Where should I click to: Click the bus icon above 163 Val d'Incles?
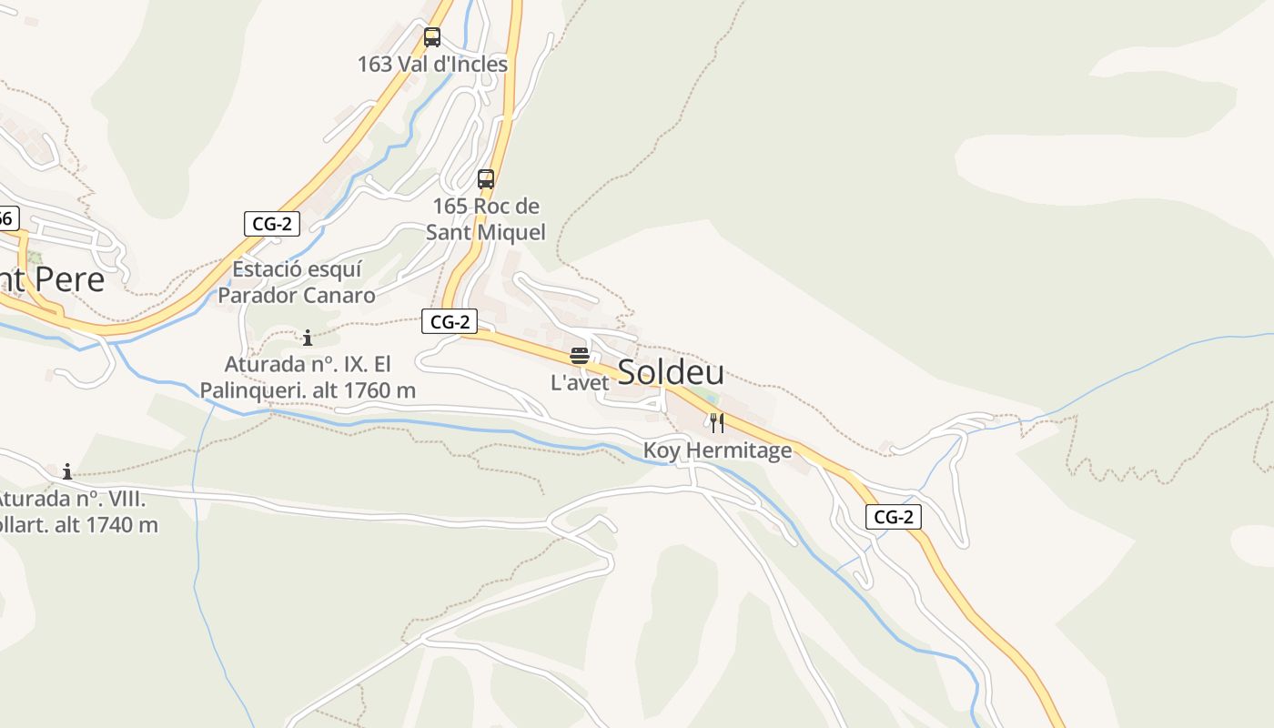pyautogui.click(x=432, y=37)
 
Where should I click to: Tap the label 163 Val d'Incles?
pyautogui.click(x=432, y=65)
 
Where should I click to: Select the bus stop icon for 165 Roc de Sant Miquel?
pyautogui.click(x=486, y=179)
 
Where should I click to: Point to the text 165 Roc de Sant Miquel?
pyautogui.click(x=486, y=219)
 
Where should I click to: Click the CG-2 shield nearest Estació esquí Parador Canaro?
pyautogui.click(x=271, y=224)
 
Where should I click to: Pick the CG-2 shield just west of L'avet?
pyautogui.click(x=450, y=321)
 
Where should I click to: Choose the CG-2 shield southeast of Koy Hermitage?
pyautogui.click(x=894, y=518)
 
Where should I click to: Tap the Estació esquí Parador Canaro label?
pyautogui.click(x=297, y=282)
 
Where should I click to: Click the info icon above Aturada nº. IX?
pyautogui.click(x=308, y=339)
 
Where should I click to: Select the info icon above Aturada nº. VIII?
pyautogui.click(x=67, y=471)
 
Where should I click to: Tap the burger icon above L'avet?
pyautogui.click(x=580, y=355)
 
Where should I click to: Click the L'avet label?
pyautogui.click(x=580, y=382)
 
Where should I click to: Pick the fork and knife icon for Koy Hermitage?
pyautogui.click(x=717, y=423)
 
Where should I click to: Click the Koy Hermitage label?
pyautogui.click(x=717, y=450)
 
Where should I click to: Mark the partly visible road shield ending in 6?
pyautogui.click(x=7, y=218)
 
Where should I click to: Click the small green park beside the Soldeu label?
pyautogui.click(x=707, y=397)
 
